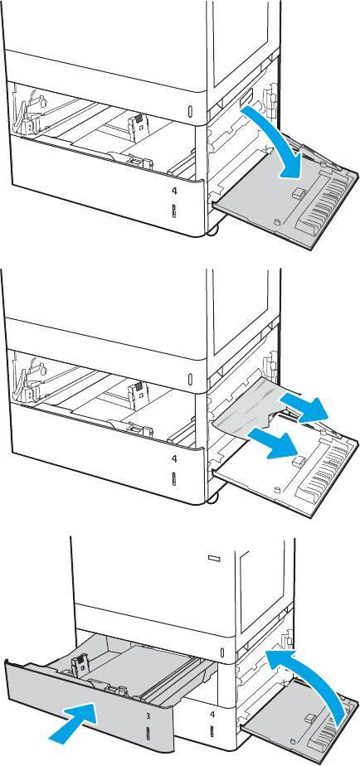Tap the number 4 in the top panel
[x=174, y=191]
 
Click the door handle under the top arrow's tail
[x=244, y=98]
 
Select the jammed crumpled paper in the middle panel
[x=250, y=407]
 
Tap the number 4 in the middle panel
[x=174, y=458]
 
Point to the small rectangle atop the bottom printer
[x=214, y=557]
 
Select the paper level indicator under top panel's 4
[x=174, y=211]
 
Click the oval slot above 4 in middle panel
[x=190, y=379]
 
